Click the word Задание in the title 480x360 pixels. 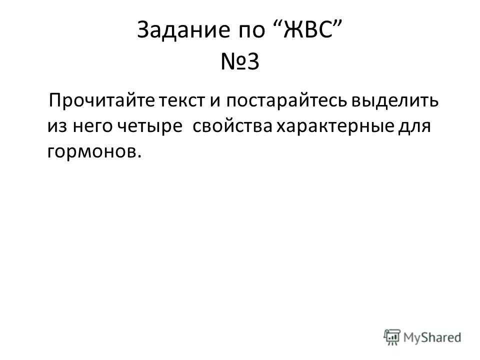[x=183, y=30]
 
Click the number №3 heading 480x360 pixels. [x=240, y=61]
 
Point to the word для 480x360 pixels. [x=414, y=127]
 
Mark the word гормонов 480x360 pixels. [x=92, y=152]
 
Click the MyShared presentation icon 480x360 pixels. [x=392, y=337]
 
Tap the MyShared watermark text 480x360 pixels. [x=432, y=337]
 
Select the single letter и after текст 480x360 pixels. [x=215, y=101]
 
